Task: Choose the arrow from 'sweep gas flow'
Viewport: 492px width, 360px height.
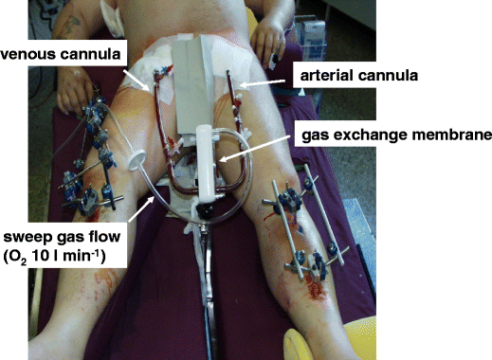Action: (127, 214)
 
